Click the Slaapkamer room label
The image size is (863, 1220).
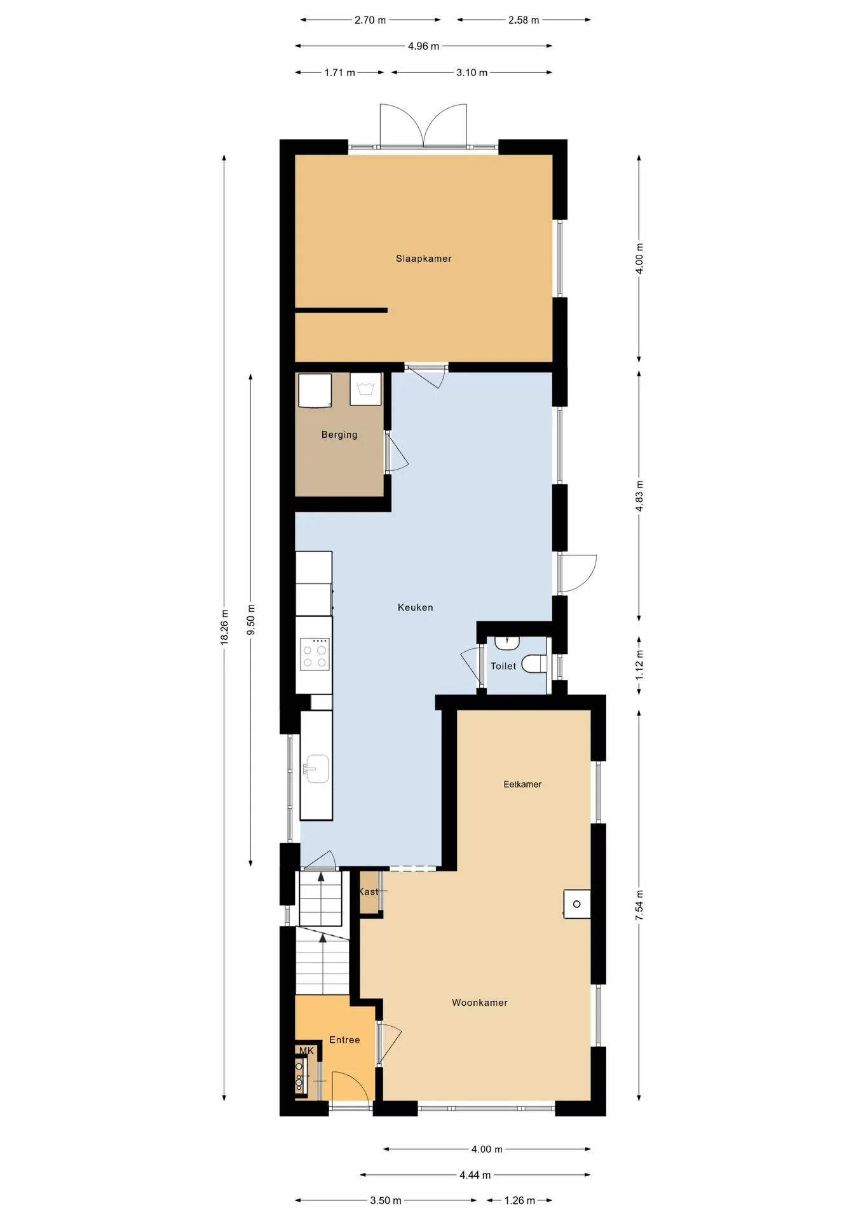pyautogui.click(x=423, y=259)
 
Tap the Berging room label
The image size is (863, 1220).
pyautogui.click(x=339, y=435)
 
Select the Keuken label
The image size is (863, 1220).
pyautogui.click(x=416, y=607)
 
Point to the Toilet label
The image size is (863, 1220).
pyautogui.click(x=503, y=666)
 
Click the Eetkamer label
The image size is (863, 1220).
pyautogui.click(x=522, y=784)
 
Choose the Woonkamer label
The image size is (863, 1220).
pyautogui.click(x=480, y=1003)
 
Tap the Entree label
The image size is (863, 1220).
pyautogui.click(x=344, y=1040)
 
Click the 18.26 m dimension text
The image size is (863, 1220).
pyautogui.click(x=224, y=627)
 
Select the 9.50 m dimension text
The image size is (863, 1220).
pyautogui.click(x=251, y=620)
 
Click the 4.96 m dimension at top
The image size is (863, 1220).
pyautogui.click(x=424, y=46)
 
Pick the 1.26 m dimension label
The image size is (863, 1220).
pyautogui.click(x=520, y=1200)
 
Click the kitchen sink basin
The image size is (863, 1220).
pyautogui.click(x=316, y=768)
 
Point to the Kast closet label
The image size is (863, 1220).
pyautogui.click(x=369, y=891)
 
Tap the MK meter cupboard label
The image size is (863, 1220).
pyautogui.click(x=306, y=1051)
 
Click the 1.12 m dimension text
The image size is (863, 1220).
pyautogui.click(x=639, y=665)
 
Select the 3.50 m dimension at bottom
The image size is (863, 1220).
pyautogui.click(x=386, y=1200)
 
